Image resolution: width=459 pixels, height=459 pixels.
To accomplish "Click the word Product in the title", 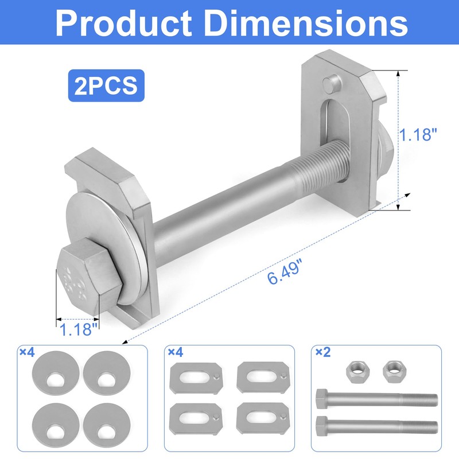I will (x=126, y=24).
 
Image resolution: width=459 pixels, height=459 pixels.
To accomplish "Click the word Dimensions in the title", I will (x=304, y=24).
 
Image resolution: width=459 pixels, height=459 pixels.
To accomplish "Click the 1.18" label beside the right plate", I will (x=419, y=135).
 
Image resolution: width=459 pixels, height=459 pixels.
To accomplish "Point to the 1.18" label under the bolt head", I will (x=76, y=329).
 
